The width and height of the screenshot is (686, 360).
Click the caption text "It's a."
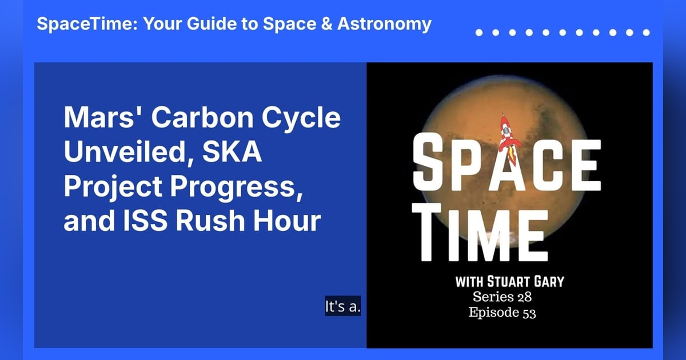(343, 306)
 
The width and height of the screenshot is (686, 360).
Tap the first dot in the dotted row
(479, 33)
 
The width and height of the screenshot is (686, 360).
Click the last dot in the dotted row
(645, 33)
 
